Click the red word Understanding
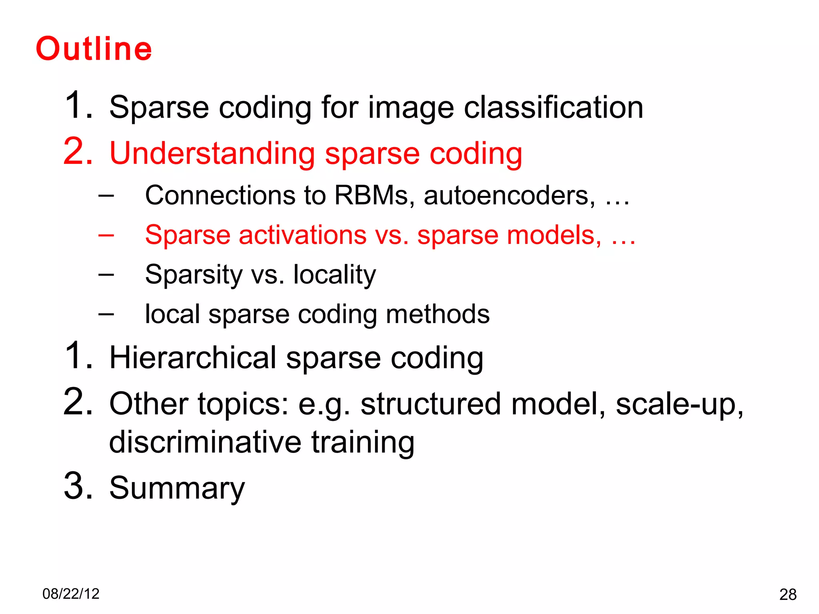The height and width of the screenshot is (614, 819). pos(212,153)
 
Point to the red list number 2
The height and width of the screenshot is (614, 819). pos(78,152)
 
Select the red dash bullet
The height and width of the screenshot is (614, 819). pos(106,235)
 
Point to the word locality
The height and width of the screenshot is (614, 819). pos(334,275)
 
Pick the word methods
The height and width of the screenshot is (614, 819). pos(437,314)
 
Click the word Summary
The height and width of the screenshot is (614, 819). pos(177,488)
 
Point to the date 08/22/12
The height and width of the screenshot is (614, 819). pos(71,594)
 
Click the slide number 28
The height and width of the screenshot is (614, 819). pos(788,595)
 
